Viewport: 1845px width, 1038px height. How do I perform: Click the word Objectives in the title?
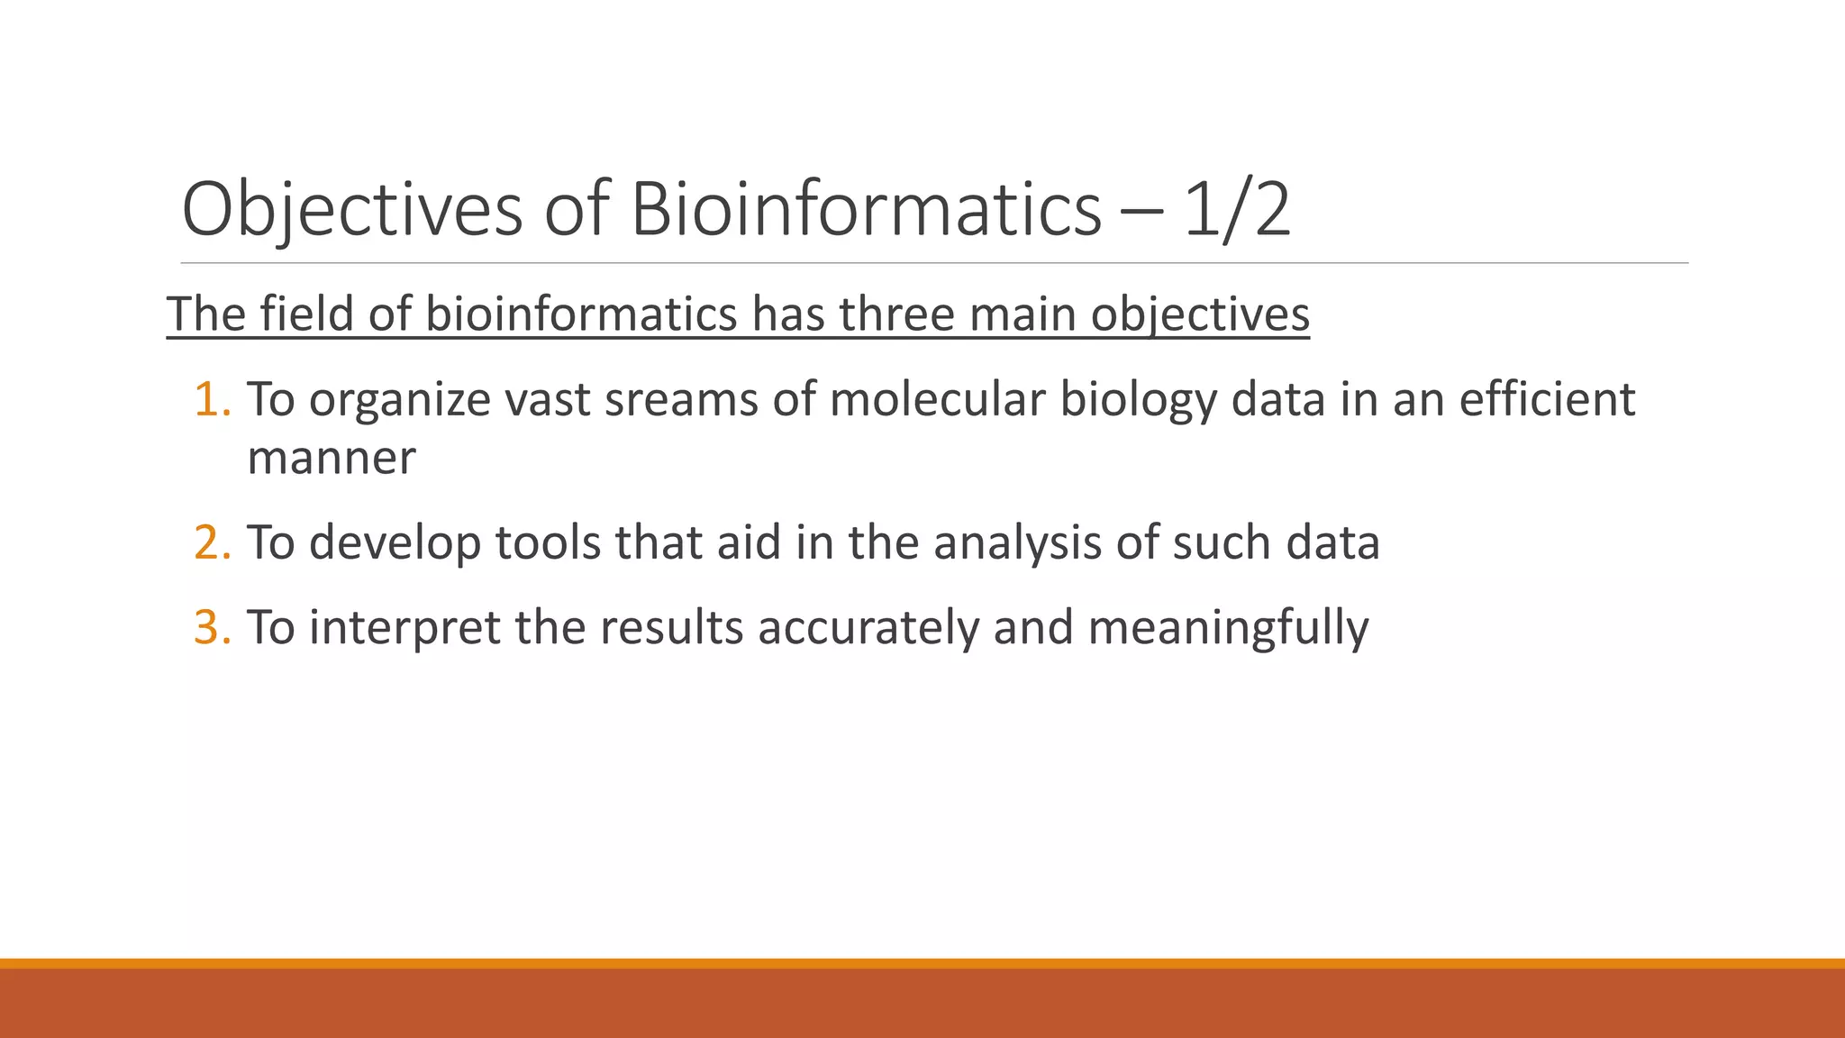[352, 210]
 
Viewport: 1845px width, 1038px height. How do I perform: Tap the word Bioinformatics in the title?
[866, 210]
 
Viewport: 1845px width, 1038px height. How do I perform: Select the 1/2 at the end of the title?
[1237, 210]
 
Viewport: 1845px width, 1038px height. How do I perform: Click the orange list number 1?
[212, 399]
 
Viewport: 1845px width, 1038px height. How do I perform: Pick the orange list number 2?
[212, 542]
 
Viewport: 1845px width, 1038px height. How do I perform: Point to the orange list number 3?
[212, 627]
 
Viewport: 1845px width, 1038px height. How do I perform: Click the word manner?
[332, 458]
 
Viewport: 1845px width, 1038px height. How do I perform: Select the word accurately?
[868, 629]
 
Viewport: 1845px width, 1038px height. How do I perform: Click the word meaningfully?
[1228, 629]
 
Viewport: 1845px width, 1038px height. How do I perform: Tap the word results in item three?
[671, 627]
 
